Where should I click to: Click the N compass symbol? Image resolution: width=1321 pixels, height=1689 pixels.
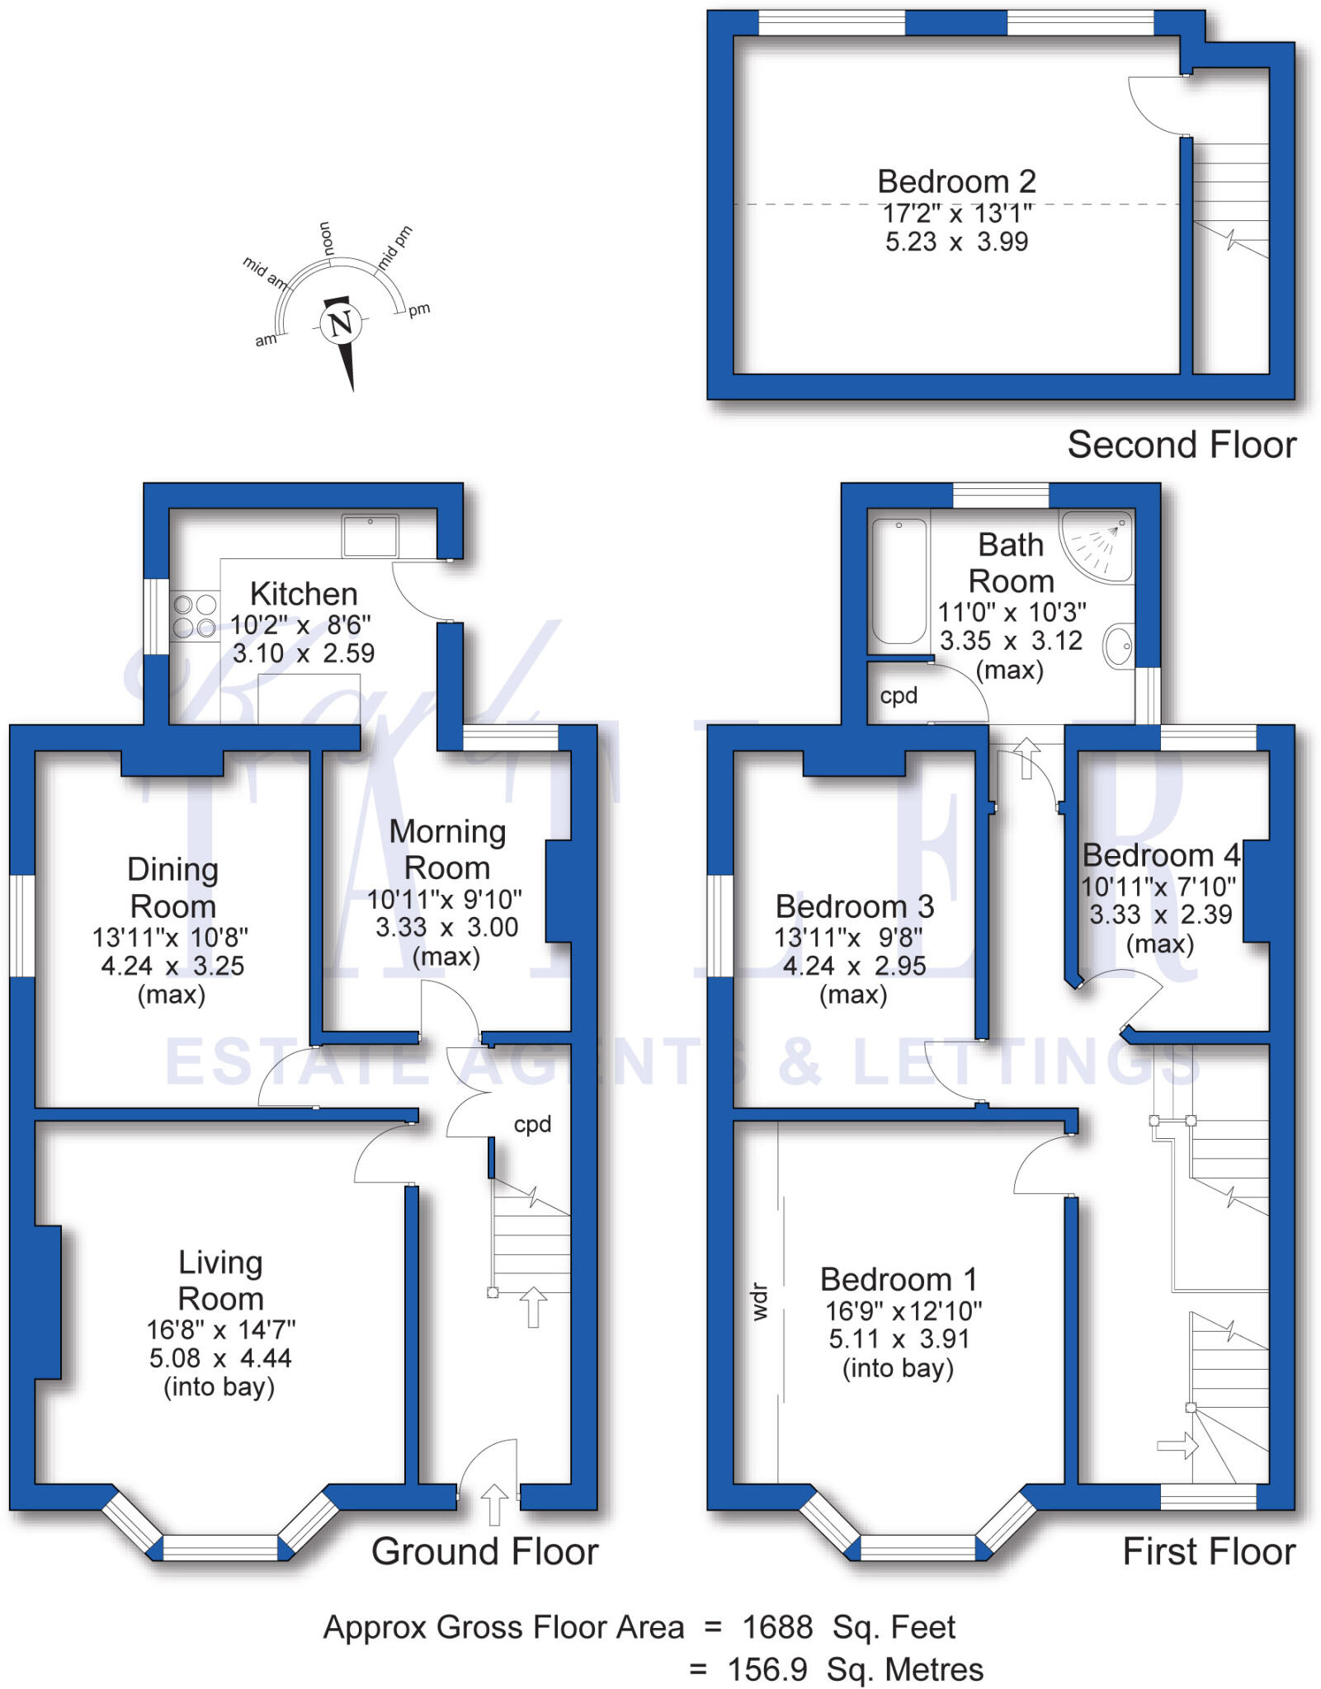point(341,323)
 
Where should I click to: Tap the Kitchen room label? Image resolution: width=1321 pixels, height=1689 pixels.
point(304,594)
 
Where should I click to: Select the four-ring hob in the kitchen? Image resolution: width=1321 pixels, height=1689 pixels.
point(195,616)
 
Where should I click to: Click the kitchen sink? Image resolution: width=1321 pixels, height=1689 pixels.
point(370,536)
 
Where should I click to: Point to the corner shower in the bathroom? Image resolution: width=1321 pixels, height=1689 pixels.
point(1097,544)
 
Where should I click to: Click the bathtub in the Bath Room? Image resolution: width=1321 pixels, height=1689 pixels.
point(899,581)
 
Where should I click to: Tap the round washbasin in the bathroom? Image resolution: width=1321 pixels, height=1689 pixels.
point(1119,646)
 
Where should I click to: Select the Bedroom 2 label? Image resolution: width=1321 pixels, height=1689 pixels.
point(956,181)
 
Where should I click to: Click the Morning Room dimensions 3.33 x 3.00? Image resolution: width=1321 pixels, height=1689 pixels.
point(447,928)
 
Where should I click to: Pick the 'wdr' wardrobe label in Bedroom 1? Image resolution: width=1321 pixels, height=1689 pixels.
point(760,1302)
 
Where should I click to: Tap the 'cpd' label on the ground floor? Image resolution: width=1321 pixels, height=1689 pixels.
point(532,1125)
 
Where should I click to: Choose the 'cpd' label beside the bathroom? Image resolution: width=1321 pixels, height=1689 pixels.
point(899,696)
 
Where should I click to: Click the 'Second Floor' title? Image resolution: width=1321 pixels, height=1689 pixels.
point(1182,445)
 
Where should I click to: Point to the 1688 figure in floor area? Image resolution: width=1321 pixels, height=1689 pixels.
point(777,1628)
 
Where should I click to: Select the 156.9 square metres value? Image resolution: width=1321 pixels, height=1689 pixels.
point(767,1669)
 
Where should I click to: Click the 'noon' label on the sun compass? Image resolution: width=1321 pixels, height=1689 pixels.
point(327,238)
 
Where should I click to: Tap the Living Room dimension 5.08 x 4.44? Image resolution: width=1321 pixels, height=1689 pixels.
point(220,1358)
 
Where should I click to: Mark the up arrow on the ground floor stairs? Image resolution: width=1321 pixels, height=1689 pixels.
point(533,1306)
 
